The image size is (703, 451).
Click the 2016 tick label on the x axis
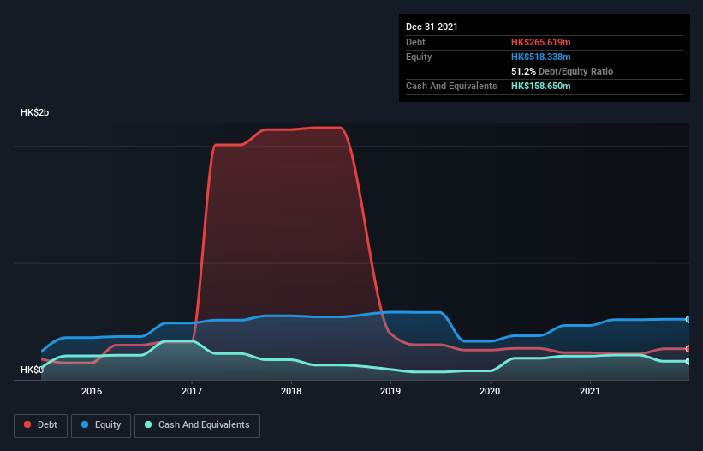pyautogui.click(x=92, y=391)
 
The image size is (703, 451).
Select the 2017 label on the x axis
pyautogui.click(x=192, y=391)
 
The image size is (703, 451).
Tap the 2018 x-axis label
pyautogui.click(x=291, y=391)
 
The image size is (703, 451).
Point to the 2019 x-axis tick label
pyautogui.click(x=390, y=391)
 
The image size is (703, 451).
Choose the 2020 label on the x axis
pyautogui.click(x=490, y=391)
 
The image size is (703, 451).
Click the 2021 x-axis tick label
pyautogui.click(x=589, y=391)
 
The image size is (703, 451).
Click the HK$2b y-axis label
pyautogui.click(x=36, y=113)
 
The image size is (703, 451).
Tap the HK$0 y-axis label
pyautogui.click(x=32, y=370)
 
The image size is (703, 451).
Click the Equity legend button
pyautogui.click(x=101, y=425)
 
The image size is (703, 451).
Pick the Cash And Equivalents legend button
pyautogui.click(x=197, y=425)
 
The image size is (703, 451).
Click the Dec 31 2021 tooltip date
pyautogui.click(x=432, y=27)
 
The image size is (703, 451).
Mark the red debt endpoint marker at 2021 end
pyautogui.click(x=688, y=349)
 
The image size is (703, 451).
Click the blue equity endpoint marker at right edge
pyautogui.click(x=688, y=319)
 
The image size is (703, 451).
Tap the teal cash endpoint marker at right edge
pyautogui.click(x=688, y=361)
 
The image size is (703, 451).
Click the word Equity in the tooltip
pyautogui.click(x=419, y=57)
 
